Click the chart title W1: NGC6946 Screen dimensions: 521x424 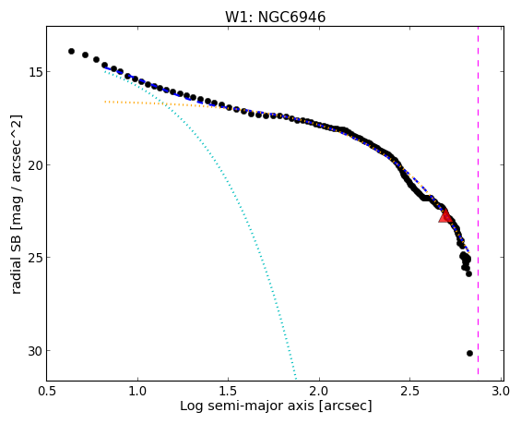tap(276, 17)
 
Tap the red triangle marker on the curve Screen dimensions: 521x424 tap(444, 215)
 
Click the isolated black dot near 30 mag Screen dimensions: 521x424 tap(469, 353)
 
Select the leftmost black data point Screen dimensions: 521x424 tap(71, 51)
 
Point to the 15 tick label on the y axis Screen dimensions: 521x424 tap(34, 71)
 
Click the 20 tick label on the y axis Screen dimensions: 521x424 tap(34, 164)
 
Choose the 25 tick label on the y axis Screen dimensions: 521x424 tap(34, 258)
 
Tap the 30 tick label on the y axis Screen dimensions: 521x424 tap(34, 351)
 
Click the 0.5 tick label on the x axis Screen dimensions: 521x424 tap(46, 392)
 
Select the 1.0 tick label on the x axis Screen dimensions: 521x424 tap(137, 392)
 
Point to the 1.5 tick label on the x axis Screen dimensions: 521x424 tap(229, 392)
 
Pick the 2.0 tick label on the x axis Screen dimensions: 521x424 tap(319, 392)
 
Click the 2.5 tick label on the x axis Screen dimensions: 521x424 tap(410, 392)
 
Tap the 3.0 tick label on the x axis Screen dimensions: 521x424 tap(501, 392)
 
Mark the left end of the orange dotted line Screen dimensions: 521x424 tap(105, 102)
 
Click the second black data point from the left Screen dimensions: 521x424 tap(85, 55)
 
